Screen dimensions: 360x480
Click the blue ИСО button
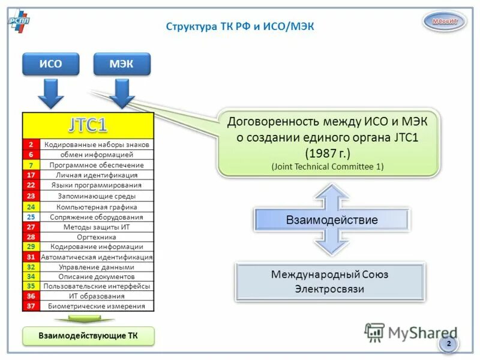[x=50, y=64]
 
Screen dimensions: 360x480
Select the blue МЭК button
[x=122, y=64]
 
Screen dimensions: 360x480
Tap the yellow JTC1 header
[x=88, y=125]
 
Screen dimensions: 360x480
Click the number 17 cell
[x=31, y=175]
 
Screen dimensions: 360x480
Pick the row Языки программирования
[x=96, y=185]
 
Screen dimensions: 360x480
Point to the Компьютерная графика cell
[x=96, y=207]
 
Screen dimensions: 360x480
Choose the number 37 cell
[x=31, y=306]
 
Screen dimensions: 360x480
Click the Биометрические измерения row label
[x=96, y=306]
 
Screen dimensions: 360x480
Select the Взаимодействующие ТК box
[x=88, y=336]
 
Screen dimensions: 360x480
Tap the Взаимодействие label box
[x=331, y=220]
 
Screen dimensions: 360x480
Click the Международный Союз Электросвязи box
[x=329, y=281]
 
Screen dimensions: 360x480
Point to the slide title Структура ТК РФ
[x=239, y=26]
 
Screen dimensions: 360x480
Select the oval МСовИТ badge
[x=445, y=22]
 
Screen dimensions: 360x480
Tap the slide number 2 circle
[x=448, y=344]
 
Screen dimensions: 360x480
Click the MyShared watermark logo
[x=410, y=332]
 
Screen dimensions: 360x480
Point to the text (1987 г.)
[x=327, y=152]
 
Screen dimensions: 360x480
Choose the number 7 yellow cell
[x=31, y=165]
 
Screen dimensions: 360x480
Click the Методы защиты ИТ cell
[x=96, y=227]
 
